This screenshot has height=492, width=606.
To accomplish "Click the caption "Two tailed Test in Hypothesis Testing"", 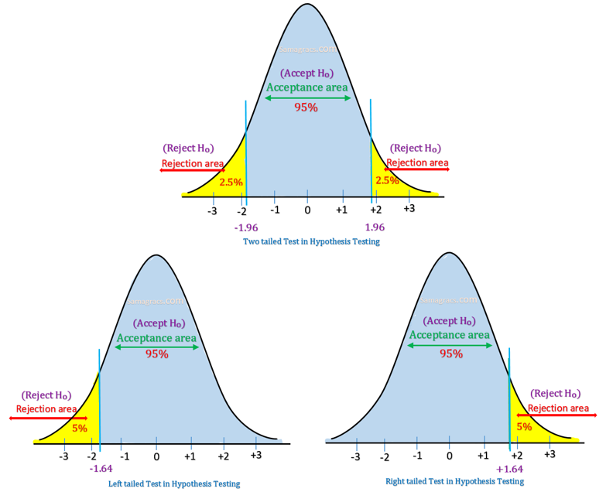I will (x=311, y=241).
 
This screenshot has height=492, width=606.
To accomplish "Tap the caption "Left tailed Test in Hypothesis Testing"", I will (x=174, y=483).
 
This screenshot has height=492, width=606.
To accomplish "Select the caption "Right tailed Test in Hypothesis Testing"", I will (x=454, y=481).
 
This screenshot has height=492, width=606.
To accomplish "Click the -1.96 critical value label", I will (x=245, y=227).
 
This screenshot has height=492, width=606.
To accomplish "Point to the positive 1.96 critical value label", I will (x=374, y=227).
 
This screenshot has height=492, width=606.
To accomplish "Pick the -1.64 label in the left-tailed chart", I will (x=101, y=469).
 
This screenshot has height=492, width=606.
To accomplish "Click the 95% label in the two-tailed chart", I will (x=306, y=108).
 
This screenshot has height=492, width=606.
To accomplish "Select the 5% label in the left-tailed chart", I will (x=80, y=427).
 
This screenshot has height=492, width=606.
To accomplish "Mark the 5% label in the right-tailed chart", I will (x=524, y=426).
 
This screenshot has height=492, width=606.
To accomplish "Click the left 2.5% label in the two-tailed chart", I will (x=231, y=182).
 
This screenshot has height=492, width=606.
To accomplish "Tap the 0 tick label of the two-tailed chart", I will (x=307, y=210).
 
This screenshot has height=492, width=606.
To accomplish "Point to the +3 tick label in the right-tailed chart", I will (x=550, y=454).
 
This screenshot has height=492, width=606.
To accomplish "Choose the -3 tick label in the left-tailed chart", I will (x=64, y=456).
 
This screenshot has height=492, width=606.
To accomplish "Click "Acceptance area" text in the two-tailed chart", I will (x=307, y=87).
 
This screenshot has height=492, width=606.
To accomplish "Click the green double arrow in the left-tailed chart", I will (x=157, y=347).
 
